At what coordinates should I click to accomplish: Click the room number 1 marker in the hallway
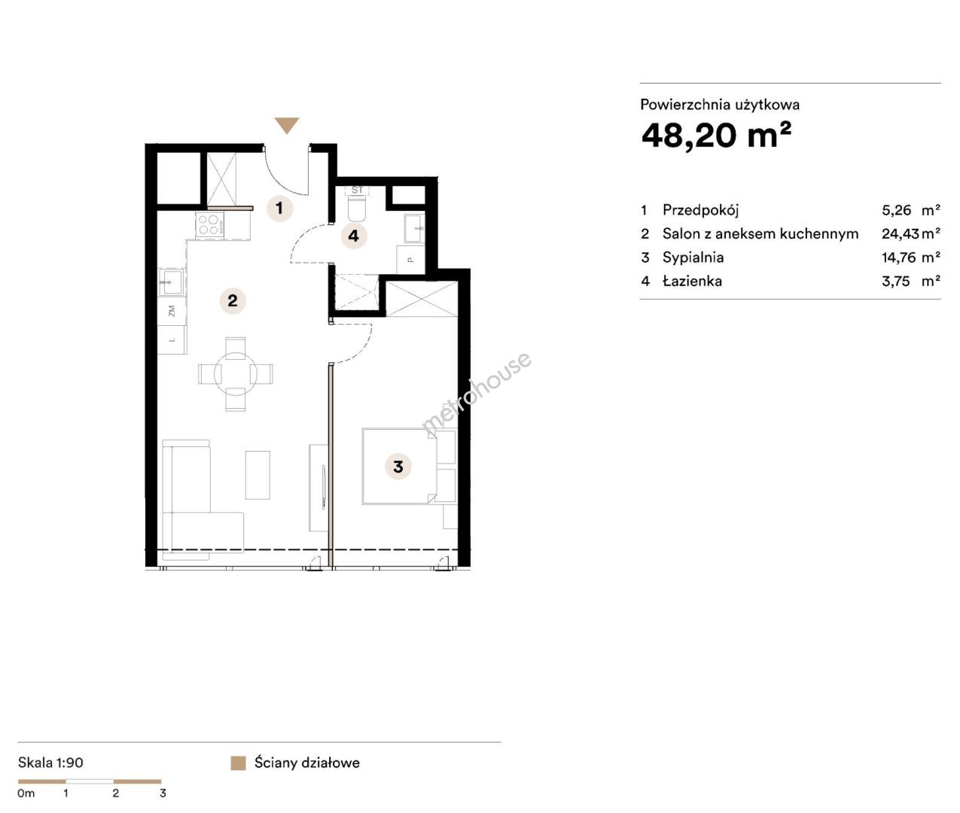(x=279, y=208)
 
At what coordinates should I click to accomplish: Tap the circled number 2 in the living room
(x=233, y=301)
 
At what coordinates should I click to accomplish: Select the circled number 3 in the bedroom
(x=398, y=466)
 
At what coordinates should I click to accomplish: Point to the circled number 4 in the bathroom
(x=353, y=236)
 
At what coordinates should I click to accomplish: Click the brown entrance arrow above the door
(x=287, y=124)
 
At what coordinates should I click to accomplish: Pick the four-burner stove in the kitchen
(x=209, y=225)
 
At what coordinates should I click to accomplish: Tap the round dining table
(x=236, y=374)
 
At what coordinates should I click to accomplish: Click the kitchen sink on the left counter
(x=172, y=282)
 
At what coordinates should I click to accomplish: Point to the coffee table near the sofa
(x=258, y=475)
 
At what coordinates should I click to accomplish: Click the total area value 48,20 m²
(x=716, y=135)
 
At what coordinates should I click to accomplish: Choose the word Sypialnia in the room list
(x=693, y=257)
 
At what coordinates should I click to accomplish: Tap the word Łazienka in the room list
(x=692, y=281)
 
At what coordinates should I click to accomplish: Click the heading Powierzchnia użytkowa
(x=720, y=105)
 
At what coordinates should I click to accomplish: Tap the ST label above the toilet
(x=357, y=190)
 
